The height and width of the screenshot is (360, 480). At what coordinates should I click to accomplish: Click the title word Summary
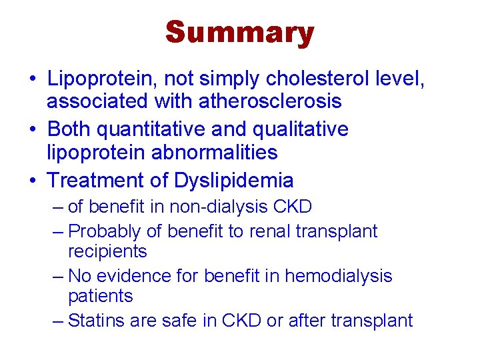tap(239, 33)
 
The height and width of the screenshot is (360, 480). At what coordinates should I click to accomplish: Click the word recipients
tap(107, 251)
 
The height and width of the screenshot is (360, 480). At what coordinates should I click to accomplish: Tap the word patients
tap(101, 296)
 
